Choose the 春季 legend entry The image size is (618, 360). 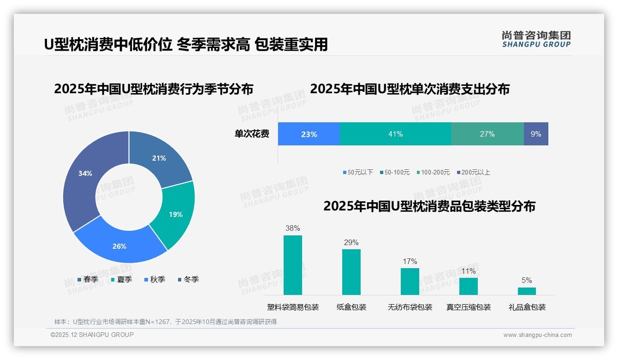point(88,280)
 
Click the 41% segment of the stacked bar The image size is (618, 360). point(395,134)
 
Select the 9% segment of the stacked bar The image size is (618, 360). point(536,134)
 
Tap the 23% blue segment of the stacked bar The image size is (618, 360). point(309,134)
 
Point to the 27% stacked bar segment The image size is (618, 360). point(487,134)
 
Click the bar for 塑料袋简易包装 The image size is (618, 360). point(292,265)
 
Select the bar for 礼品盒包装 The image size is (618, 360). point(527,291)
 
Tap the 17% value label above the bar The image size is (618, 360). point(410,262)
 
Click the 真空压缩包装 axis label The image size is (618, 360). point(468,307)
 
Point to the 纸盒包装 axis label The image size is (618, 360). point(351,307)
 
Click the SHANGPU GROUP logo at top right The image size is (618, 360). point(536,39)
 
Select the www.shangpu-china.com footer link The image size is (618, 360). point(537,335)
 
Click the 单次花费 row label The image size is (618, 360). point(252,134)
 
